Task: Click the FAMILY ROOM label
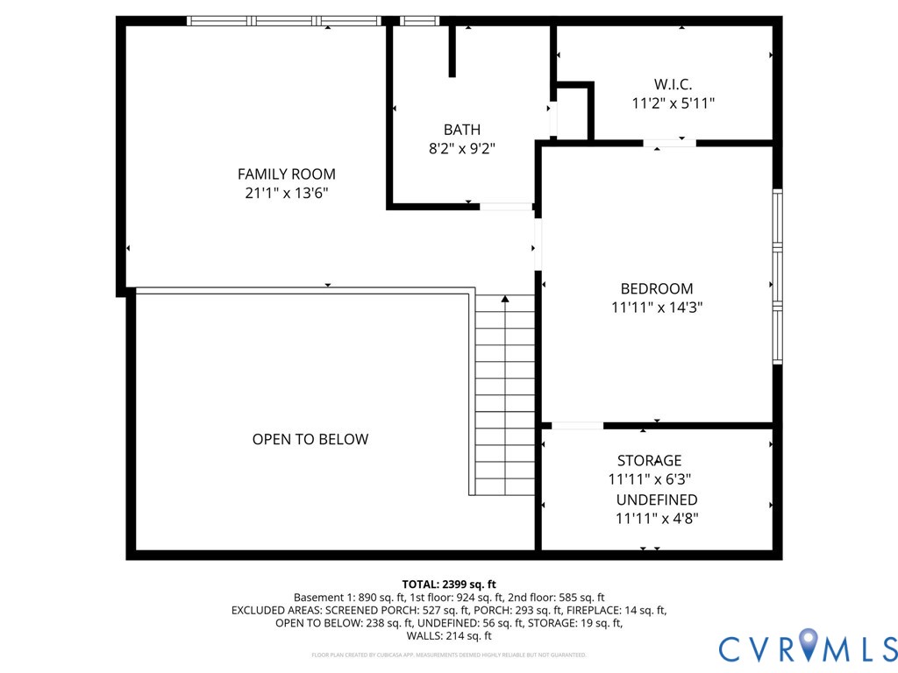point(286,174)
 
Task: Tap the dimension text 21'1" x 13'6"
point(286,194)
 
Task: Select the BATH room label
point(461,130)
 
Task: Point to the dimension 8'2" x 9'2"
point(461,149)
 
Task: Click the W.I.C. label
point(673,84)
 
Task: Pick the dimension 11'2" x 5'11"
point(673,103)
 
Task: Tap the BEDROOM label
point(656,288)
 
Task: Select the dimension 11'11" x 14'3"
point(656,308)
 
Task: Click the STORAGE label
point(649,460)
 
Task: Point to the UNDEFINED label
point(656,499)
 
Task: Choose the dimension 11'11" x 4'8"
point(656,518)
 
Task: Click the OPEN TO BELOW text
point(310,439)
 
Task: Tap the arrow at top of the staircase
point(505,300)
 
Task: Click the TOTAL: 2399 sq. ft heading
point(449,584)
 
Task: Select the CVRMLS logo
point(808,648)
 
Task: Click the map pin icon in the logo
point(808,644)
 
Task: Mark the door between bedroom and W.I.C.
point(669,143)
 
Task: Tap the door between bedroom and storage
point(576,426)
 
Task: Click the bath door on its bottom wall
point(505,207)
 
